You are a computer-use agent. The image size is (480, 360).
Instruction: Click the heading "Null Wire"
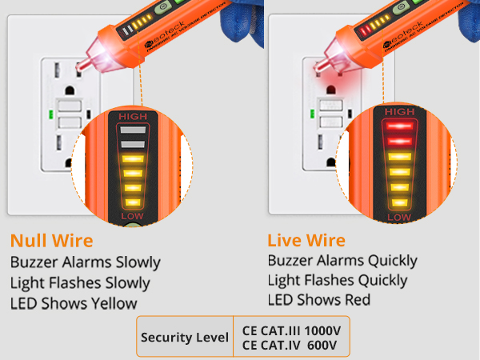coord(52,240)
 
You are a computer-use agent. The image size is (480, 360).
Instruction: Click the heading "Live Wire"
coord(306,240)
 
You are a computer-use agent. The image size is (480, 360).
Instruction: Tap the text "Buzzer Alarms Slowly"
coord(86,262)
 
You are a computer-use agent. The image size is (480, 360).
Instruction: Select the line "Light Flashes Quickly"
coord(337,280)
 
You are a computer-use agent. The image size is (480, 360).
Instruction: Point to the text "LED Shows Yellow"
coord(74,303)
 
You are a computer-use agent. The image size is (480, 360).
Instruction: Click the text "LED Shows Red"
coord(318,300)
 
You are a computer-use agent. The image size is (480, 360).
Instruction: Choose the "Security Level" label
coord(185,337)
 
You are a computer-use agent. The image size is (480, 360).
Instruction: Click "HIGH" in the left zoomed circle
coord(134,118)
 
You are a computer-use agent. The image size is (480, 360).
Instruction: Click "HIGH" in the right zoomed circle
coord(400,111)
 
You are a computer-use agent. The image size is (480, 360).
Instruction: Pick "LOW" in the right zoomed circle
coord(399,217)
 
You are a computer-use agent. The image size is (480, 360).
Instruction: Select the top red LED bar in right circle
coord(400,126)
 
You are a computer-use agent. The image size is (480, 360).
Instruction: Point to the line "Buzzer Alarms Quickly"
coord(342,261)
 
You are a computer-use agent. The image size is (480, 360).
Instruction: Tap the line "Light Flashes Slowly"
coord(80,282)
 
